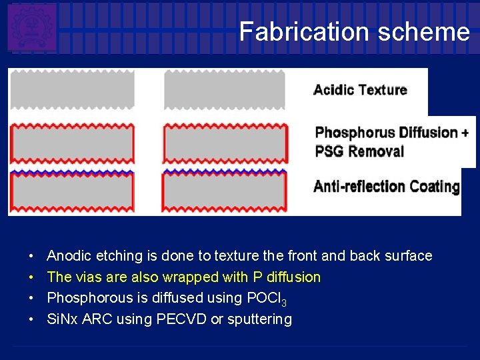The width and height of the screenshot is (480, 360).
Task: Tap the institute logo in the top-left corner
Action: coord(31,27)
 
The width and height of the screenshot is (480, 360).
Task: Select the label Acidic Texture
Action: coord(360,90)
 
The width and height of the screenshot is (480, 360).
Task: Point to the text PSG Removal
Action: coord(359,151)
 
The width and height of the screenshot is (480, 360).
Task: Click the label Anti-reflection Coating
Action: coord(387,186)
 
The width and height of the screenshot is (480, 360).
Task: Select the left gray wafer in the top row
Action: coord(72,89)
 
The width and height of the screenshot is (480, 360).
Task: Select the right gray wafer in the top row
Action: coord(225,89)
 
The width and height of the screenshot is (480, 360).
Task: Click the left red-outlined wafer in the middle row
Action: coord(72,143)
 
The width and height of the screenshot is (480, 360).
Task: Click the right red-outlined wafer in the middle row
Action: coord(225,143)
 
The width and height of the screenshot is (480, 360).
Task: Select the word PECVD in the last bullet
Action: coord(181,319)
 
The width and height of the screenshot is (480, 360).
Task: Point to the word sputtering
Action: coord(259,320)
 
